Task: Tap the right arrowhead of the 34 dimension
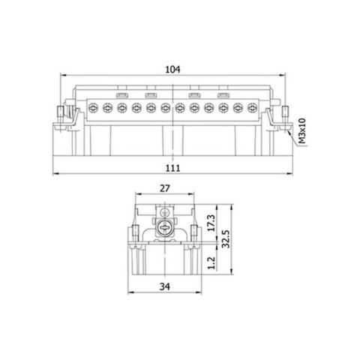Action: point(199,293)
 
